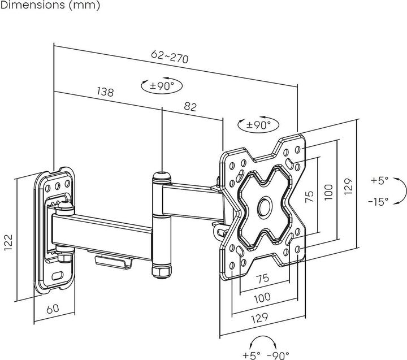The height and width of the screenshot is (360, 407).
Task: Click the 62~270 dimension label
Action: coord(170,57)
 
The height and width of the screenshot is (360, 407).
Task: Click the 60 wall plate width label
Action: coord(53,309)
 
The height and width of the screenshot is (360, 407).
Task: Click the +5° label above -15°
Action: coord(380,181)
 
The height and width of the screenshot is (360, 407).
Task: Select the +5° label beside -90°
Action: coord(252,354)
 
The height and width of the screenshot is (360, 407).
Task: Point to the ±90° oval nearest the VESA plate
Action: coord(254,125)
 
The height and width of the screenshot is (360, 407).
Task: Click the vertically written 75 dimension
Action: coord(309,197)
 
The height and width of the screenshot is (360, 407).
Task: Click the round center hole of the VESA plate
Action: coord(264,206)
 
